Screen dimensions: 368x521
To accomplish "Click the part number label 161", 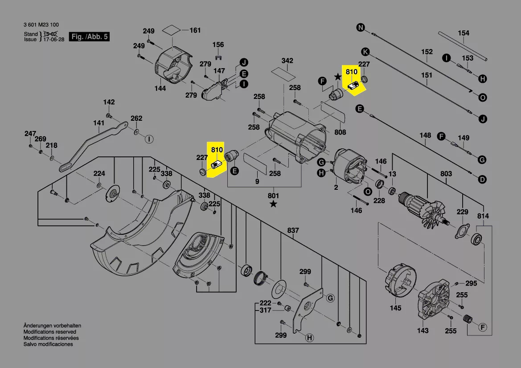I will [195, 31].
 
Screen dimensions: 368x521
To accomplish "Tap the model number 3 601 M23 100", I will [41, 25].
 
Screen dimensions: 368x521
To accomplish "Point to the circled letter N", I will [360, 28].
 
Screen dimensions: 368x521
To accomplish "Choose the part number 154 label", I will [464, 33].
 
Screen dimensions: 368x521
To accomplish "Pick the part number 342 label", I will [287, 61].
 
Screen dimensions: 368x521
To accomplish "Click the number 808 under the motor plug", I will [340, 132].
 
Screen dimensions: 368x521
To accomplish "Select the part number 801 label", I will [273, 196].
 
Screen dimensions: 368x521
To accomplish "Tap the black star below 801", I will [273, 204].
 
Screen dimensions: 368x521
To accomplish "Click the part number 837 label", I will [293, 231].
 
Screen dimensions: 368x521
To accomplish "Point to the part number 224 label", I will [99, 174].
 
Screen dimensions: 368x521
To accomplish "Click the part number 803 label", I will [446, 174].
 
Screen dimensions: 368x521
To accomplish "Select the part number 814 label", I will [483, 217].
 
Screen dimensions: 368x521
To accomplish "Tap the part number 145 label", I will [395, 308].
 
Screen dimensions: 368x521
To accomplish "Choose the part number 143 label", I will [423, 330].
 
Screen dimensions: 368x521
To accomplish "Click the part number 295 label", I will [471, 283].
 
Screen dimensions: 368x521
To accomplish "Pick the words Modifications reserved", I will [49, 332].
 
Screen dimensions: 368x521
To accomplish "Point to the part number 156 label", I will [218, 45].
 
